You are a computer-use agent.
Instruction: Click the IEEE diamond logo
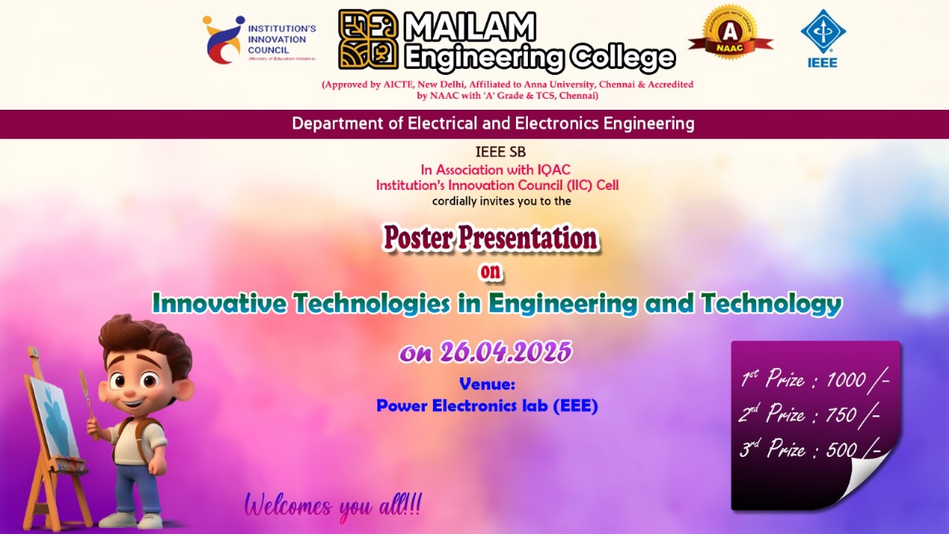click(x=823, y=32)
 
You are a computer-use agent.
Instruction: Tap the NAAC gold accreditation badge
click(x=730, y=33)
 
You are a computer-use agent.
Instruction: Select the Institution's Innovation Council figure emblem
click(x=223, y=39)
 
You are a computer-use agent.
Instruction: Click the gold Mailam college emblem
click(x=368, y=39)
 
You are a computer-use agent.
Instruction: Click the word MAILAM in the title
click(x=470, y=26)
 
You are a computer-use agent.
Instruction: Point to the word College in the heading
click(x=622, y=57)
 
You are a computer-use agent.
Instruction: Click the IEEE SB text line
click(x=500, y=151)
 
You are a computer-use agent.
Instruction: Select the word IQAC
click(x=554, y=170)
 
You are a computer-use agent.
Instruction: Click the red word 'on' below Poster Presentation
click(x=490, y=271)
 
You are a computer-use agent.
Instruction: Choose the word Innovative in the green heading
click(x=219, y=303)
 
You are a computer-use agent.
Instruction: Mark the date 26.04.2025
click(x=506, y=352)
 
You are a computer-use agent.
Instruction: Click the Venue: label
click(x=487, y=384)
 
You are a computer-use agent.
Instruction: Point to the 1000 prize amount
click(x=846, y=380)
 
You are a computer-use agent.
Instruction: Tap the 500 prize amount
click(x=841, y=449)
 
